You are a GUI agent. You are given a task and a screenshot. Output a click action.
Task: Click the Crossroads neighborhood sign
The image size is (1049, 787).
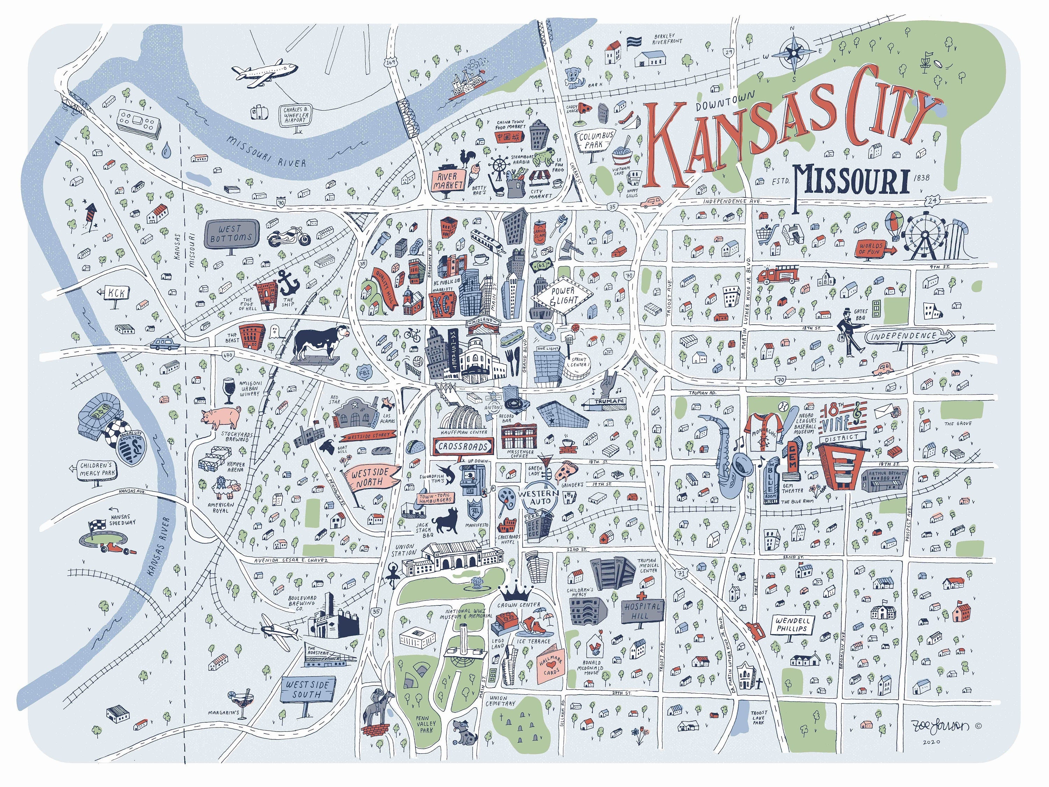tap(463, 446)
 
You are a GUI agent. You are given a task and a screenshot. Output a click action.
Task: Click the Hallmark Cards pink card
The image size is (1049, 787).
tap(551, 667)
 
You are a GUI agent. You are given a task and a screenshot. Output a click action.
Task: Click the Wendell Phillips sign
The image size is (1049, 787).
tap(792, 624)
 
